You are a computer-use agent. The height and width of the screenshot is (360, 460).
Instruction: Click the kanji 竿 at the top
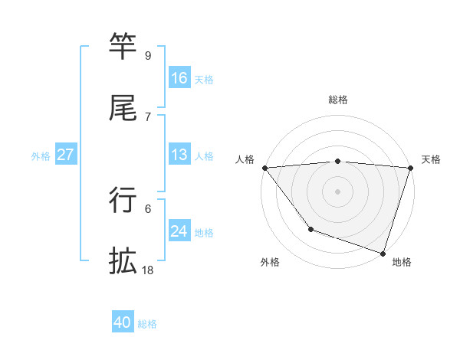point(123,47)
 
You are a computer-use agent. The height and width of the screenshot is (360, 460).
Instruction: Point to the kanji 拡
point(123,261)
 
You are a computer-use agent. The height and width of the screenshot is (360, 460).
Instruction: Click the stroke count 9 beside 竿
point(148,56)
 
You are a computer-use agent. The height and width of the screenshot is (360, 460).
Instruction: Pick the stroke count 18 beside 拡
point(148,270)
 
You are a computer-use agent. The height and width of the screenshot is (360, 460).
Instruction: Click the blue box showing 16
point(179,78)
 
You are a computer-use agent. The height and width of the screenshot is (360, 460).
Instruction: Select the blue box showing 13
point(179,155)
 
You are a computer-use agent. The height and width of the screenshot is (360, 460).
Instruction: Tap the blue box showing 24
point(179,231)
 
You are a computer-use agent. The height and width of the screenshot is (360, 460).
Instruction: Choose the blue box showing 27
point(66,155)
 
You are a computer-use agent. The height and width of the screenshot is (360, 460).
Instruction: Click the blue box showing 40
point(123,322)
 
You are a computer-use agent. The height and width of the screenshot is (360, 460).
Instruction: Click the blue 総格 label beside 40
point(147,324)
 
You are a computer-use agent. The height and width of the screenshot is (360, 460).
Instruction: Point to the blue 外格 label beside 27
point(41,156)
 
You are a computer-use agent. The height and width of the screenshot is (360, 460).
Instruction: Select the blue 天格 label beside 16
point(204,80)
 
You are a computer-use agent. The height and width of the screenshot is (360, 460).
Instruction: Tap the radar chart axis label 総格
point(337,100)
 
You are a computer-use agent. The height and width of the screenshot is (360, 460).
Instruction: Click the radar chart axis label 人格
point(246,159)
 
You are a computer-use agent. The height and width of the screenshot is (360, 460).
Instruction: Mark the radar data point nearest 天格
point(410,168)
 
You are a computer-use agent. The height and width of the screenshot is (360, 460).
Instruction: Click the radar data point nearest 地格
point(383,253)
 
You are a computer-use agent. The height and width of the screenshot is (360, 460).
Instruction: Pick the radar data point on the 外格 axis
point(310,229)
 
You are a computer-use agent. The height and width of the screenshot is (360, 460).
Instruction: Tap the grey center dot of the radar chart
point(337,191)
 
